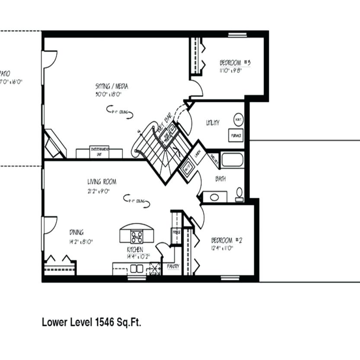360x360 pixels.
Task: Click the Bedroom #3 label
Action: point(235,63)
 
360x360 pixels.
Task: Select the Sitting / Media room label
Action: point(112,86)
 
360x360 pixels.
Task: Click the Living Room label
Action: point(102,182)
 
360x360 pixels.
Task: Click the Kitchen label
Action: point(135,250)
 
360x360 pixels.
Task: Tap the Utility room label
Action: point(212,123)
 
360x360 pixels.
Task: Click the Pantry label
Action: point(173,267)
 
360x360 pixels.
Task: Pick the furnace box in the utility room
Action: point(236,135)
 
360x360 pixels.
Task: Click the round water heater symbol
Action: point(238,118)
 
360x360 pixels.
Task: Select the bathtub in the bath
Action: point(233,159)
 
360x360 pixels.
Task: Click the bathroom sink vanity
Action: point(212,197)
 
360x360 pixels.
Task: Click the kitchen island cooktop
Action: point(137,236)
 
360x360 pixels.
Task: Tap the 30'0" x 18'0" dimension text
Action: point(108,94)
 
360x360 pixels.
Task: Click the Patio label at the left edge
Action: point(5,73)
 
